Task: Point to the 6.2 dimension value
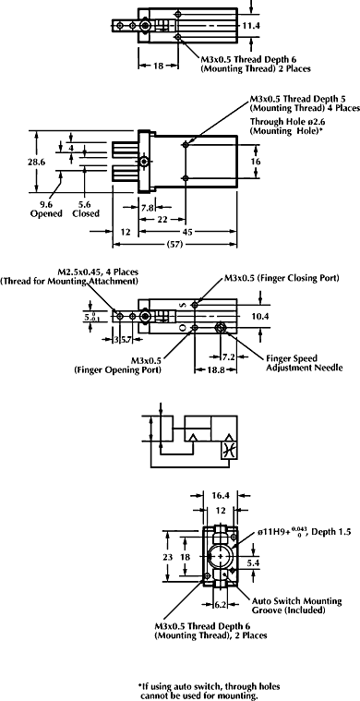coord(221,605)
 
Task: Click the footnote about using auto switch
coord(198,690)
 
